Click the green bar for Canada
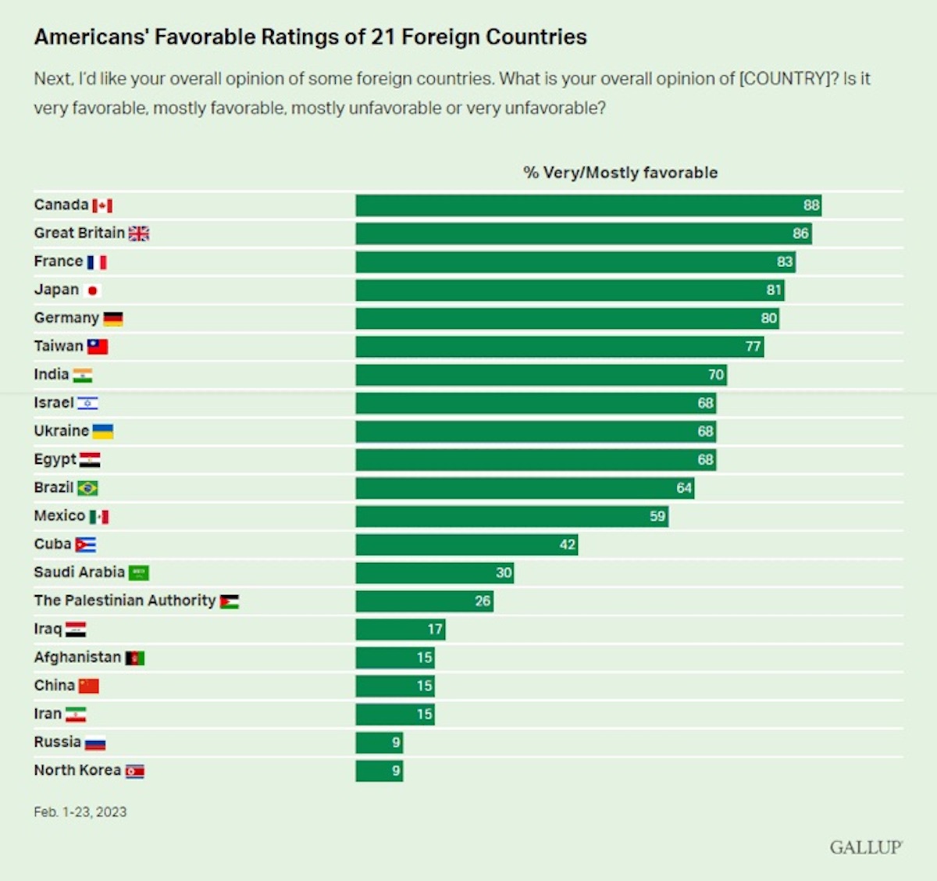click(x=588, y=205)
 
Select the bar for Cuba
click(x=466, y=544)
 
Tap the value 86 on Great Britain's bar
click(x=800, y=234)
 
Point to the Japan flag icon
click(x=93, y=291)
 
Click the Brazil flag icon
click(x=87, y=488)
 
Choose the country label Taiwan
click(x=59, y=346)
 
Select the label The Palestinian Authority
click(x=125, y=601)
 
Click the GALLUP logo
click(x=866, y=847)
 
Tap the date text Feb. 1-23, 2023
click(x=80, y=812)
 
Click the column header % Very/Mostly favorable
click(x=620, y=173)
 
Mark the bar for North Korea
click(x=379, y=771)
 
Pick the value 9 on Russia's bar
click(x=396, y=743)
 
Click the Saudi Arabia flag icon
click(x=138, y=573)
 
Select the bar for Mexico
click(x=511, y=516)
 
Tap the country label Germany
click(x=66, y=318)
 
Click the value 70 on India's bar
click(x=716, y=375)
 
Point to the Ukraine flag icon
click(x=102, y=431)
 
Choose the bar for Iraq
click(x=400, y=630)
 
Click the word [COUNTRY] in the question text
click(x=788, y=79)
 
